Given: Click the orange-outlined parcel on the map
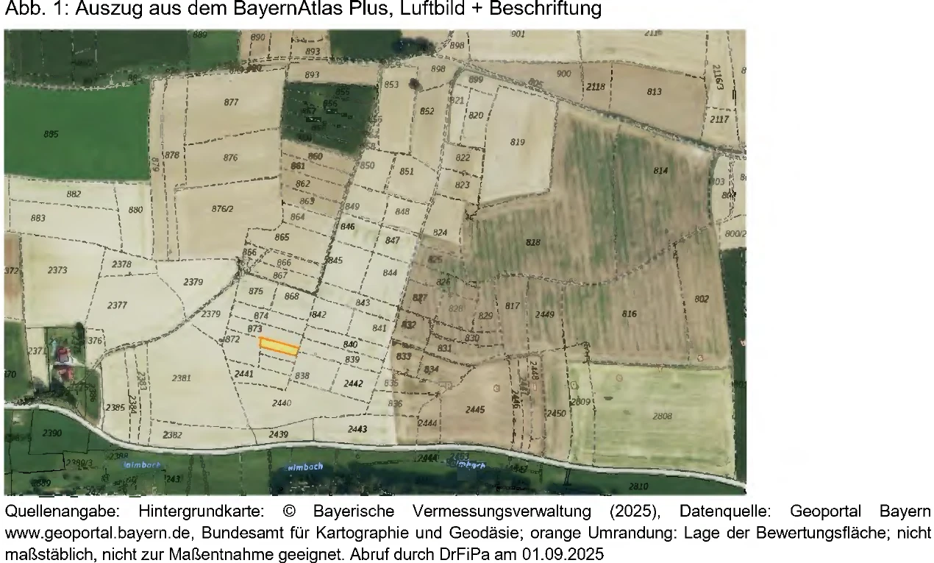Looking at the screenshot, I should [279, 347].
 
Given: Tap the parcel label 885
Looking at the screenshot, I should [51, 135].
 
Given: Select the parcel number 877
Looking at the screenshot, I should [231, 102].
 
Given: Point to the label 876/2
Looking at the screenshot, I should [222, 209].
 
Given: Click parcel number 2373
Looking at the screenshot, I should [57, 270].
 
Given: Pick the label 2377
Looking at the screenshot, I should [117, 305].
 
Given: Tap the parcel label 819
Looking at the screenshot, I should [518, 142].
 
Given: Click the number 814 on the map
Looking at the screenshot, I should [660, 171].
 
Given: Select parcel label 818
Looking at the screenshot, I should [534, 242].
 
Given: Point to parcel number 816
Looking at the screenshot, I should [630, 314].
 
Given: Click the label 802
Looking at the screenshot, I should [702, 298].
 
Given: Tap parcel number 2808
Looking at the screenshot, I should [662, 417].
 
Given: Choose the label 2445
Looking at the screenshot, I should [475, 409].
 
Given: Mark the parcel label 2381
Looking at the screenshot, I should [181, 378].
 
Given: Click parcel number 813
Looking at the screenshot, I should [654, 92].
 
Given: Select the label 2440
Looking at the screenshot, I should [282, 403].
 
